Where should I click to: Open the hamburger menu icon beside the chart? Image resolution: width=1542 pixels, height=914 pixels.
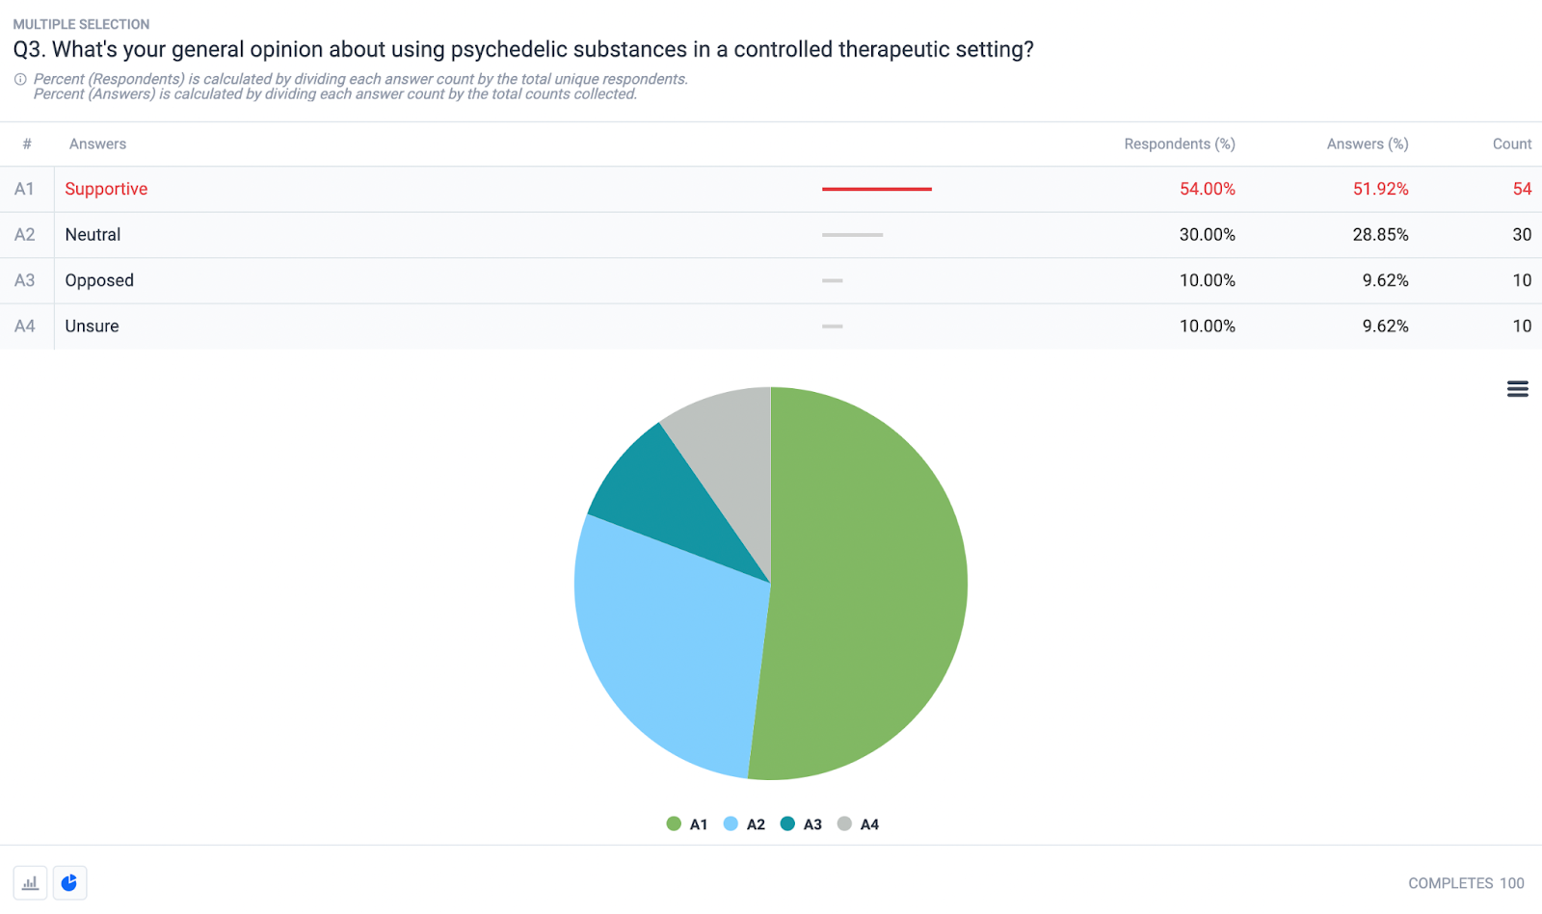1517,389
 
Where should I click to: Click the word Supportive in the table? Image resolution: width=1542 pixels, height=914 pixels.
106,189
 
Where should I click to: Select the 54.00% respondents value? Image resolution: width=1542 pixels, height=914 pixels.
1207,189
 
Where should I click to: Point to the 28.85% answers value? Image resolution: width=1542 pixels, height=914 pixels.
1380,235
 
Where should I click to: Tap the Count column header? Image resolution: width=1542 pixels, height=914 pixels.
1511,144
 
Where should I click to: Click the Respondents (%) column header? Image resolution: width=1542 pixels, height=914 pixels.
1179,144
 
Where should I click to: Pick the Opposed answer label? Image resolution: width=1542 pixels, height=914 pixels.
99,280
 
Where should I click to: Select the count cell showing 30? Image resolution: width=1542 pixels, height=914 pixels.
1521,235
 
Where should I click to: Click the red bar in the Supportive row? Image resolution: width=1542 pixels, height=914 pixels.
876,189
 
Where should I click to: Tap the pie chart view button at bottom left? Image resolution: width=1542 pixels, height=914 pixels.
69,882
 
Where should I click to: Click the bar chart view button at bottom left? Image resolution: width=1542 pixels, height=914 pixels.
30,882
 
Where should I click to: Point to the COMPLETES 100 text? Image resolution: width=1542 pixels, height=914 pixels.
1465,883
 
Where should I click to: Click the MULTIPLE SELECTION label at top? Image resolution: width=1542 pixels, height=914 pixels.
81,24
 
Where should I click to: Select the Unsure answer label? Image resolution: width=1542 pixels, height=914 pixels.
92,326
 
